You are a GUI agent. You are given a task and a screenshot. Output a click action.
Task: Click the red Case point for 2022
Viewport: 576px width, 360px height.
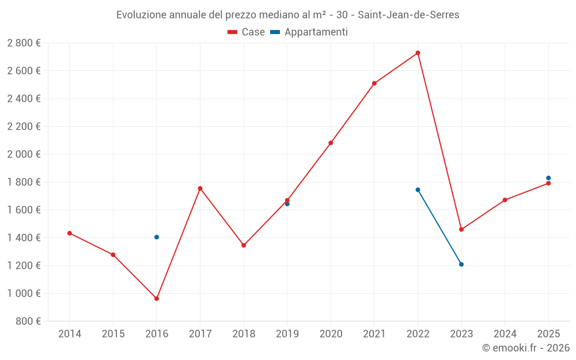pyautogui.click(x=418, y=53)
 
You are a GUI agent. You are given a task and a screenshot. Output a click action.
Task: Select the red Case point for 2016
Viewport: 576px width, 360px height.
pyautogui.click(x=157, y=298)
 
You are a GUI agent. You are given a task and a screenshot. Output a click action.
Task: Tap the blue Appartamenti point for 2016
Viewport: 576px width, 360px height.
pyautogui.click(x=157, y=237)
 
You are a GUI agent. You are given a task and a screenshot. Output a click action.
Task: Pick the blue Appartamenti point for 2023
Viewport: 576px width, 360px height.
pyautogui.click(x=461, y=264)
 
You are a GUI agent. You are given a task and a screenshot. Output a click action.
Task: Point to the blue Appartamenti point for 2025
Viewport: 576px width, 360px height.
pyautogui.click(x=548, y=178)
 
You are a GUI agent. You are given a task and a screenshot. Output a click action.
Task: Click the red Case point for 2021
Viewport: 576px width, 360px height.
pyautogui.click(x=374, y=84)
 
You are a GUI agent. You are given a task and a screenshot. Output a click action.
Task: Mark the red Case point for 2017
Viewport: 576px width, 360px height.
pyautogui.click(x=200, y=188)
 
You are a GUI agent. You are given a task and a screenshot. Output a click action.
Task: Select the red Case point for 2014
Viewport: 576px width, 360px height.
pyautogui.click(x=70, y=233)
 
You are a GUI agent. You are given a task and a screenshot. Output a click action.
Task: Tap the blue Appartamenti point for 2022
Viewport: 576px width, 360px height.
pyautogui.click(x=418, y=190)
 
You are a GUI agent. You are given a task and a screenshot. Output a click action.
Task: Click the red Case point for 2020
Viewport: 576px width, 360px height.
pyautogui.click(x=331, y=143)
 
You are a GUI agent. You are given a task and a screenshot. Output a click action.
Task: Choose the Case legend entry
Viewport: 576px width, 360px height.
pyautogui.click(x=247, y=32)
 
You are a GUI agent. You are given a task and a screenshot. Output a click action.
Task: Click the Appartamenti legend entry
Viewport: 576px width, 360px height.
pyautogui.click(x=309, y=32)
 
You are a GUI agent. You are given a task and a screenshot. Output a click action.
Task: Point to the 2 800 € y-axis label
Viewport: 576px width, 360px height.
pyautogui.click(x=24, y=43)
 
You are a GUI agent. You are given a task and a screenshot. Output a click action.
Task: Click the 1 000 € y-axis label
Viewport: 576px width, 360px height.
pyautogui.click(x=24, y=293)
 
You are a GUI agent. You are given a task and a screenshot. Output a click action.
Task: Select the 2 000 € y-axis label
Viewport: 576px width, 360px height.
pyautogui.click(x=24, y=154)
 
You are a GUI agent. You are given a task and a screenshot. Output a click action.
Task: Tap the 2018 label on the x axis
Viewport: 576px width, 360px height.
pyautogui.click(x=244, y=334)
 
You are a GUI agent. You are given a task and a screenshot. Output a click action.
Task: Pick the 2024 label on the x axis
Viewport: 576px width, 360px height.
pyautogui.click(x=505, y=334)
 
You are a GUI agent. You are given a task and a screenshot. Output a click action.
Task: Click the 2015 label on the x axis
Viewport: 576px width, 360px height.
pyautogui.click(x=113, y=334)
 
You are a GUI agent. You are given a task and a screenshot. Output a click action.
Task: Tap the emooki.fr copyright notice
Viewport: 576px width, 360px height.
pyautogui.click(x=525, y=348)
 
